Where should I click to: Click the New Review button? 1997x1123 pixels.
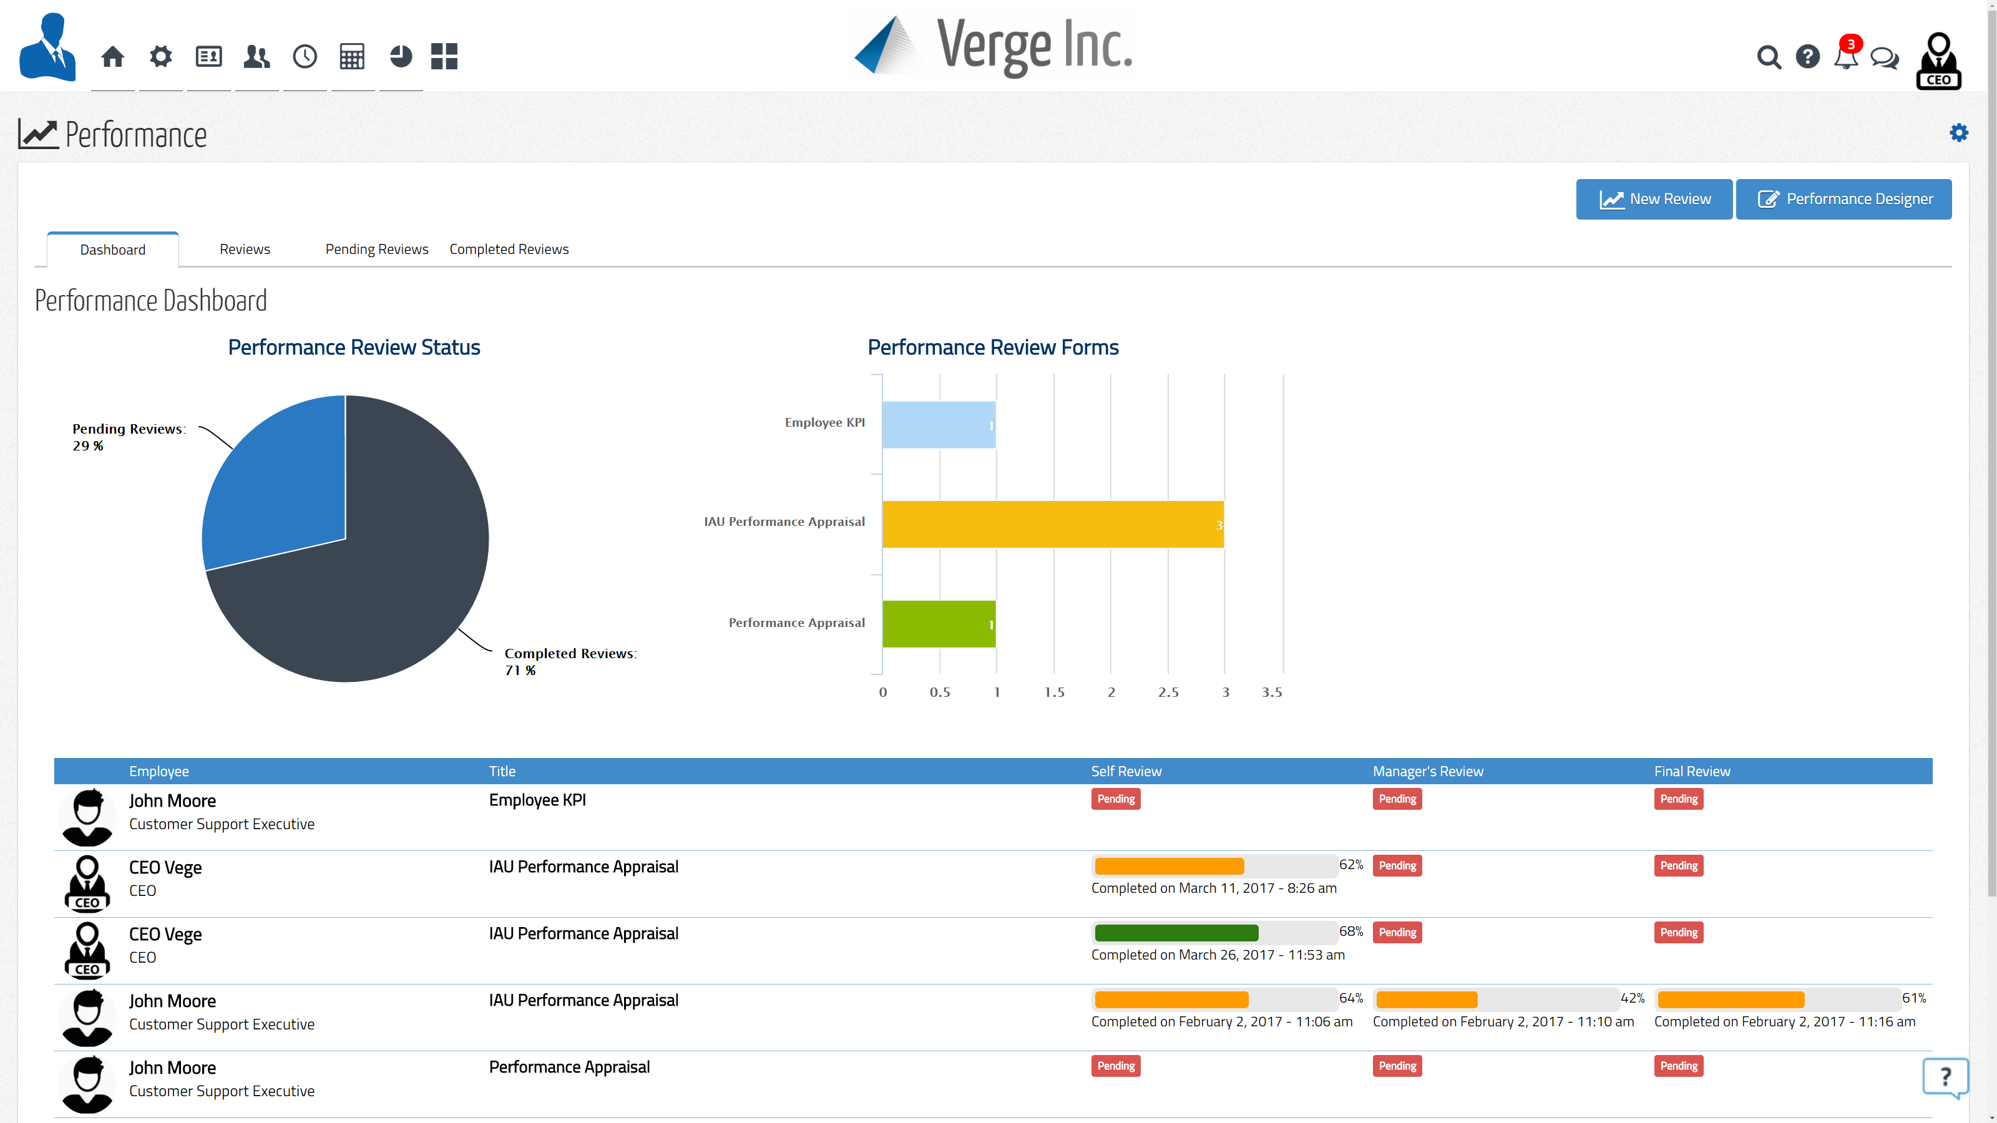[1654, 199]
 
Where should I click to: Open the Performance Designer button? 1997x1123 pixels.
[1843, 199]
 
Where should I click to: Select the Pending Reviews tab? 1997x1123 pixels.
[377, 249]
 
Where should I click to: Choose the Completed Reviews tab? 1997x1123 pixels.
[509, 249]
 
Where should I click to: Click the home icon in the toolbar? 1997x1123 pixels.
[112, 57]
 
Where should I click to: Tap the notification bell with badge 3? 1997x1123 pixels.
[1846, 57]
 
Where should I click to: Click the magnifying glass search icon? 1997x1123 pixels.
[1769, 57]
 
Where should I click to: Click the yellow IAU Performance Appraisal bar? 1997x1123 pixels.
[1052, 525]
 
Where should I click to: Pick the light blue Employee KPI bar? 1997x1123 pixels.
[938, 425]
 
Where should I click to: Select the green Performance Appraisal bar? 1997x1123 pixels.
[938, 624]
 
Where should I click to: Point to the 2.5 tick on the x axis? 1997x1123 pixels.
[1168, 692]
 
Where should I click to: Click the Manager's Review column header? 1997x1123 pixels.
[1427, 771]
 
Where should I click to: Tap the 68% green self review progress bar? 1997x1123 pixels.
[1176, 932]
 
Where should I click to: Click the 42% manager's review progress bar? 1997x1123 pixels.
[1427, 999]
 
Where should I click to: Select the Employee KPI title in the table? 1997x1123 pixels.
[537, 800]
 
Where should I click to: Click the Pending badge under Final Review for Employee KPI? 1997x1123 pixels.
[1678, 799]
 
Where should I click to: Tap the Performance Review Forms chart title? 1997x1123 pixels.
[992, 348]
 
